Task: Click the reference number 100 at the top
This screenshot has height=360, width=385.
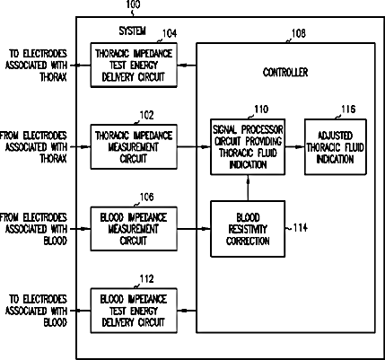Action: point(133,4)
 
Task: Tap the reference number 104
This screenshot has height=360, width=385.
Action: point(170,33)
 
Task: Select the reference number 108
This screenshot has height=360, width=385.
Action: point(299,33)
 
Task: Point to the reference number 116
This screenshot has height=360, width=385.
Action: point(348,110)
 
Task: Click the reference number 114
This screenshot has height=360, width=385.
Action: point(301,228)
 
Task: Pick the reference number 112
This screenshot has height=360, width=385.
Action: point(146,279)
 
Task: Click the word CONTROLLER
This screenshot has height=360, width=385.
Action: point(285,72)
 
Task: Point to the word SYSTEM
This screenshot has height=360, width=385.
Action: point(132,31)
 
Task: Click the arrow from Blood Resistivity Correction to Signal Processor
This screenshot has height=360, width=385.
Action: point(248,188)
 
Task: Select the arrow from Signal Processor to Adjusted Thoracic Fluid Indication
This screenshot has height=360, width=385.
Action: point(294,146)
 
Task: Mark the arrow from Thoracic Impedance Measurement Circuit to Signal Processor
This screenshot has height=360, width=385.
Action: point(194,146)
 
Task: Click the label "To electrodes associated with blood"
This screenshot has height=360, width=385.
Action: point(36,311)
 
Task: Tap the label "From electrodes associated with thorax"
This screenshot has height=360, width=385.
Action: point(33,147)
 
